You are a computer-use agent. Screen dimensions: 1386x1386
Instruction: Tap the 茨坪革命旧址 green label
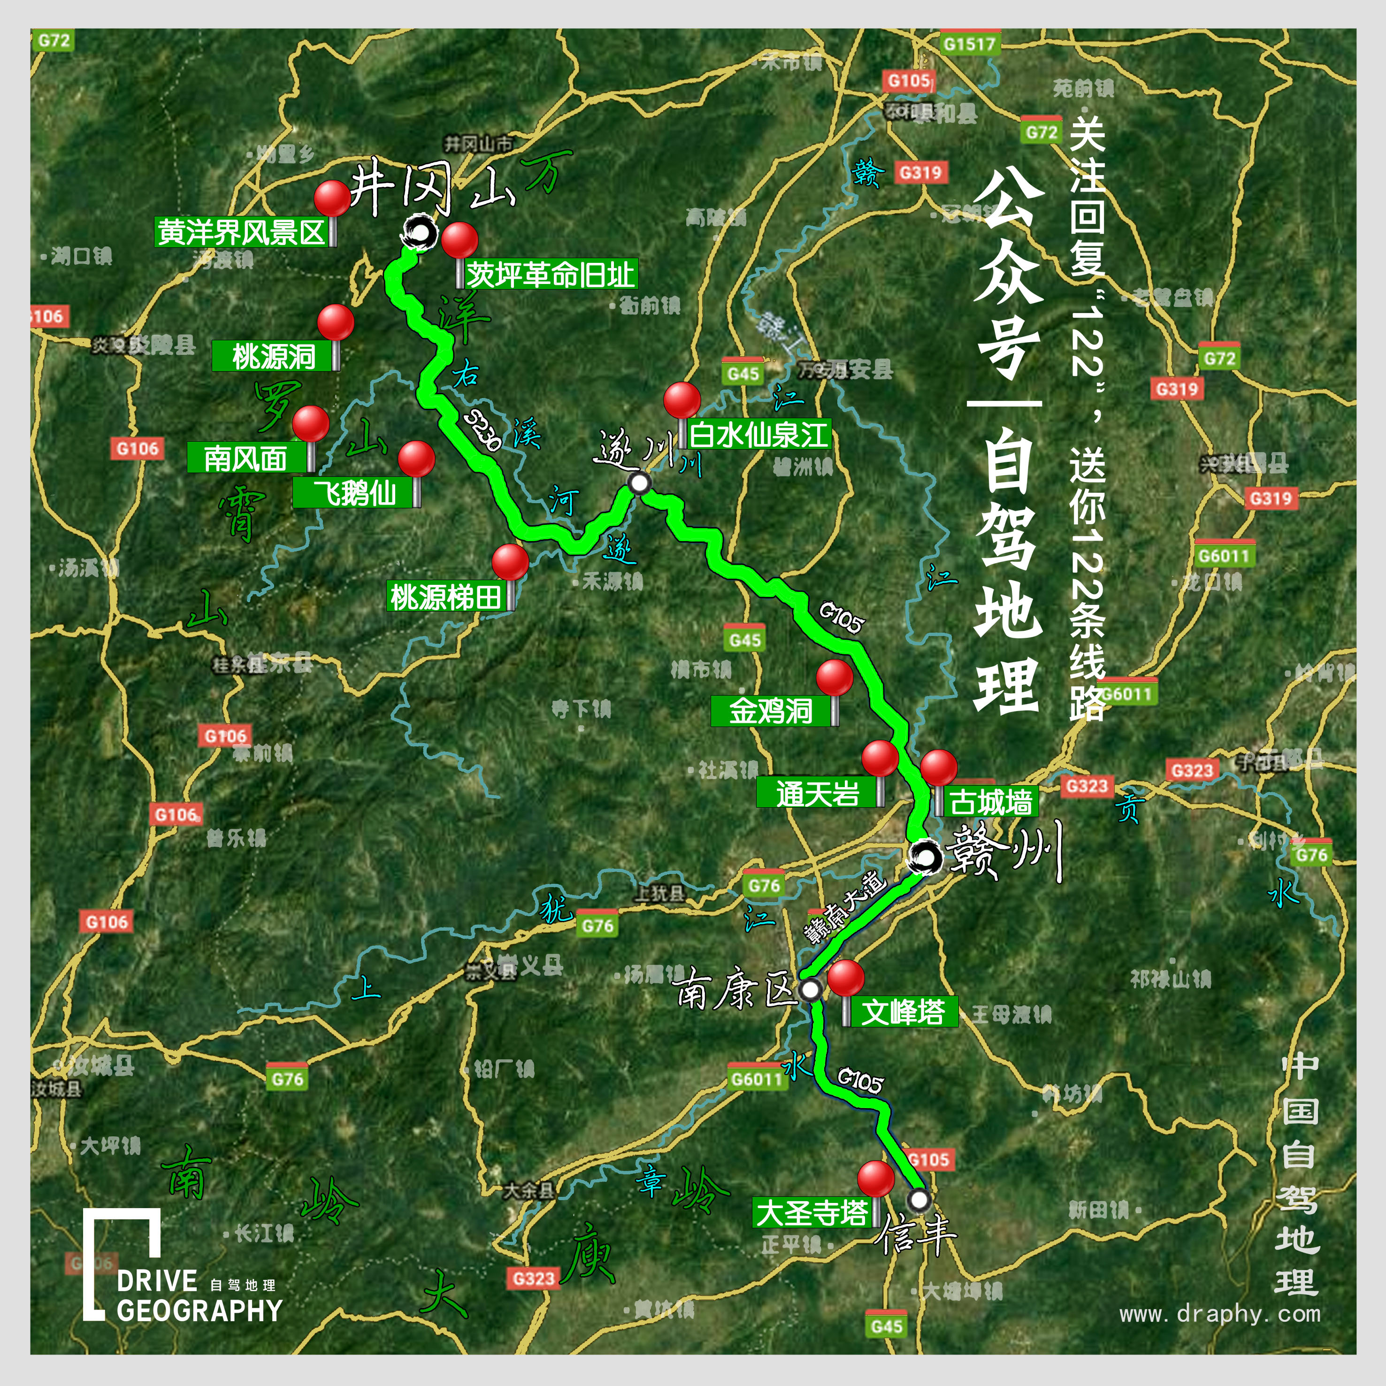coord(550,274)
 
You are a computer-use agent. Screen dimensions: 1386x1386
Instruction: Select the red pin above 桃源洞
coord(335,322)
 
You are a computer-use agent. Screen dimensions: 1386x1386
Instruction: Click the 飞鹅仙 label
coord(354,493)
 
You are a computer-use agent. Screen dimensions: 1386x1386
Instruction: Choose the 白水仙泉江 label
coord(758,435)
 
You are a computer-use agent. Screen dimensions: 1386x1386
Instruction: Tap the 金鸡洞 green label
coord(771,711)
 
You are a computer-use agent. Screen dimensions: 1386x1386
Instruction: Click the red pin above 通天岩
coord(880,758)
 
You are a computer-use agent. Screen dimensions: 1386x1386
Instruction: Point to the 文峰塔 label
coord(903,1011)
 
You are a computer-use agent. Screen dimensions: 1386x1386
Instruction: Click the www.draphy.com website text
coord(1219,1314)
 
